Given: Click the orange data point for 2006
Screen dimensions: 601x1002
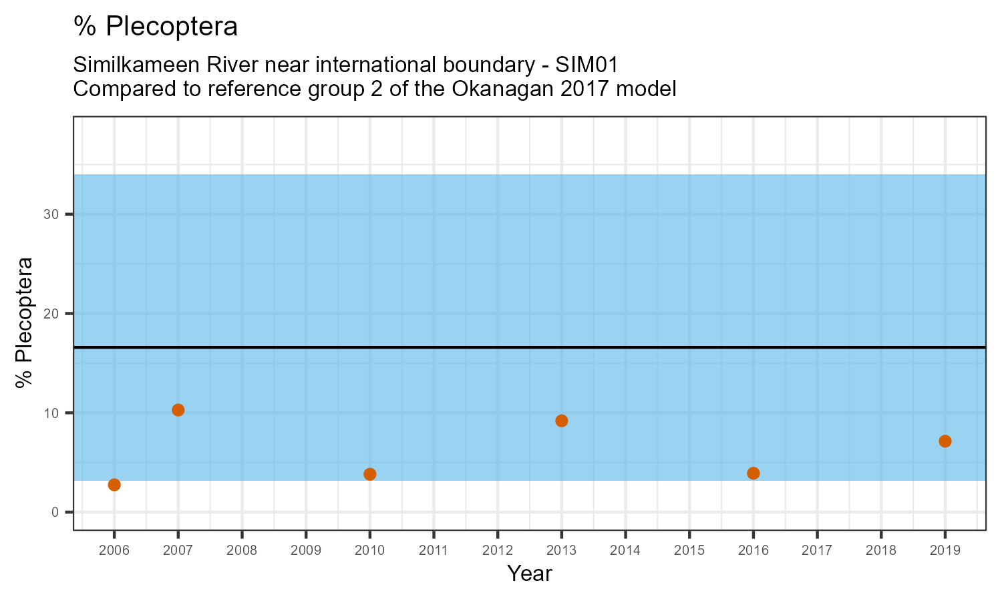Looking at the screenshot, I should click(x=114, y=485).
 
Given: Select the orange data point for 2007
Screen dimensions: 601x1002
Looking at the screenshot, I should click(x=178, y=410).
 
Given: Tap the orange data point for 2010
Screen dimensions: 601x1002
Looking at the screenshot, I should click(x=370, y=474).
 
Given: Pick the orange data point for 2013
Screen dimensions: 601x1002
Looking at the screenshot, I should click(x=562, y=421).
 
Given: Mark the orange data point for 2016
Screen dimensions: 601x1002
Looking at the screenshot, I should click(x=754, y=473).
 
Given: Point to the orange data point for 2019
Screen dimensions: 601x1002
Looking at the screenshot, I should click(x=945, y=441).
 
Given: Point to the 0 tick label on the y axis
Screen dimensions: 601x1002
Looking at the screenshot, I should click(x=56, y=512).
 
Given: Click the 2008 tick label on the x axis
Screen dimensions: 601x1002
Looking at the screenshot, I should click(x=242, y=551).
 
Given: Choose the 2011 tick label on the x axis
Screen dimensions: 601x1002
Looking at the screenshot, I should click(x=434, y=551).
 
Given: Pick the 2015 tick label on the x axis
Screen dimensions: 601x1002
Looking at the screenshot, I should click(x=689, y=551).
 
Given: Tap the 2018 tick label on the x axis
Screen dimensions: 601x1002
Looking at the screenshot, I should click(x=881, y=551).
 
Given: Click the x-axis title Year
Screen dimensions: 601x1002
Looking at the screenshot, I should click(x=530, y=574).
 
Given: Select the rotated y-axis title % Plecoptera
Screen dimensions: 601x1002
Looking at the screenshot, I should click(x=25, y=322).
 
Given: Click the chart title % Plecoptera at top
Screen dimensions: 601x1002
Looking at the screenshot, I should click(x=156, y=27).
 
